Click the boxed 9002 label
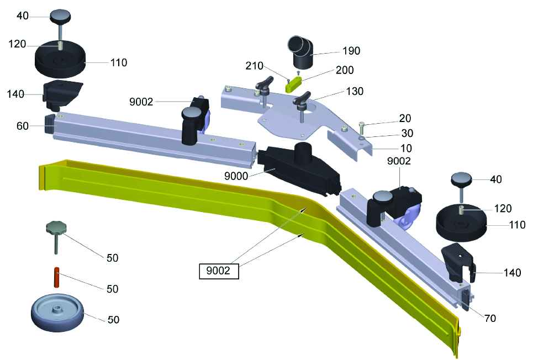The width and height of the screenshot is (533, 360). point(219,271)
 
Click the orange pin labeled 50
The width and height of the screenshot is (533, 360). point(57,277)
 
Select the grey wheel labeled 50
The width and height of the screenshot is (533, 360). point(57,313)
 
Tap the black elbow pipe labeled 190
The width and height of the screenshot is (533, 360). point(300,52)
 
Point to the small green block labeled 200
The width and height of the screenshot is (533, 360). point(293,84)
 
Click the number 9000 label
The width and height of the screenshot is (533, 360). point(236,176)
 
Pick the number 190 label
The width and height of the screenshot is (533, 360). point(351,51)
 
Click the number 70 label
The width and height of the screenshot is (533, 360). point(490,318)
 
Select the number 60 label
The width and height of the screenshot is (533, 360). point(23,126)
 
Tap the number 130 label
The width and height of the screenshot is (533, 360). point(355,91)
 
